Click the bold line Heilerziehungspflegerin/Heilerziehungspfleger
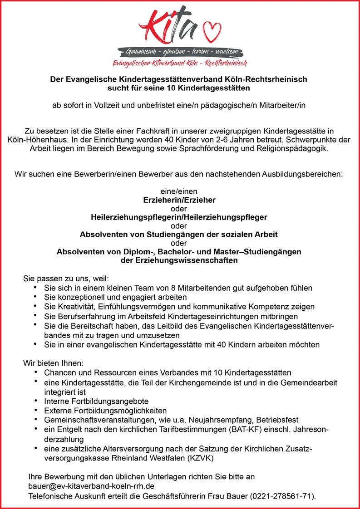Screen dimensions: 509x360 coord(178,217)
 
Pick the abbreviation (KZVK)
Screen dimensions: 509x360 coord(200,458)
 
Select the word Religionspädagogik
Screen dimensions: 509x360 coord(291,148)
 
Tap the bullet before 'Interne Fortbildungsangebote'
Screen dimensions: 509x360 coord(35,401)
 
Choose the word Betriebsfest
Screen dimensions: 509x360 coord(278,420)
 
